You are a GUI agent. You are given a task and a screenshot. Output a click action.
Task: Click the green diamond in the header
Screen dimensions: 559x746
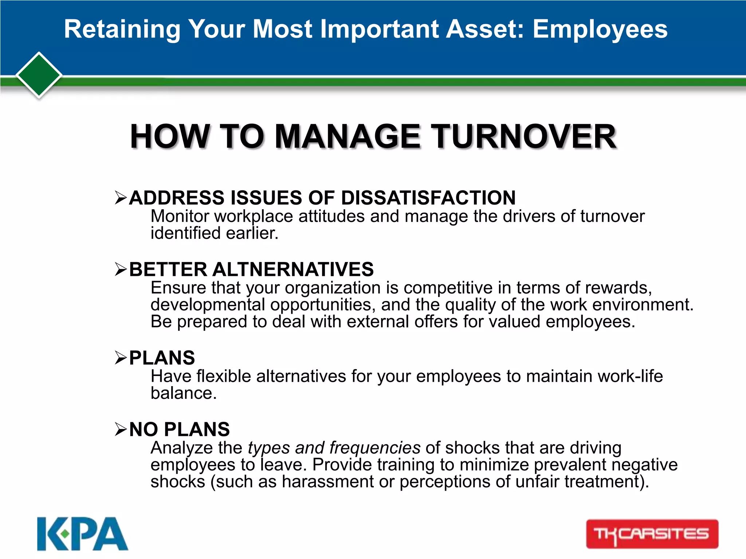point(39,75)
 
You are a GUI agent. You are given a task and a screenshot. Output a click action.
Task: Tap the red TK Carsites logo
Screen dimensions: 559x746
point(652,534)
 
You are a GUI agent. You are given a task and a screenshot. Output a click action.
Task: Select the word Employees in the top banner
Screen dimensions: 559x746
point(600,29)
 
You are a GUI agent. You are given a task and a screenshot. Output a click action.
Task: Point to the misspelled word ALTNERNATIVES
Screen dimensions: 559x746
point(293,269)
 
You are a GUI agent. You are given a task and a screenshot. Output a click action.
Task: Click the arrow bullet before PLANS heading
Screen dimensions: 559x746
point(121,358)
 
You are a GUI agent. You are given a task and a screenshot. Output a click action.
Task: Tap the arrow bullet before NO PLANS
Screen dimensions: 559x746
point(121,429)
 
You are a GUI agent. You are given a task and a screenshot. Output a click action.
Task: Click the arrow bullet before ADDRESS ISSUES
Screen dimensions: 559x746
point(121,198)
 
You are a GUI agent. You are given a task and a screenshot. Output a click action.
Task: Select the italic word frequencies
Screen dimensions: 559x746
point(375,448)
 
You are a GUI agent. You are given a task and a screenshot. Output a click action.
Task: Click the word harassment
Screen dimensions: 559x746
point(327,481)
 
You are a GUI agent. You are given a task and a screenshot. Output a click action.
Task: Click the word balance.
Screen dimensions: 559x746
point(183,393)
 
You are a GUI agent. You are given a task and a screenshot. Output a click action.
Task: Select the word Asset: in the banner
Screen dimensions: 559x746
point(484,29)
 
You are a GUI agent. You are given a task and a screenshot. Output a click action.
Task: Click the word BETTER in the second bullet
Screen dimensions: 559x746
point(168,269)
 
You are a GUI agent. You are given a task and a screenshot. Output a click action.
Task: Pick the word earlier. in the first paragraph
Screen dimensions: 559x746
point(252,233)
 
